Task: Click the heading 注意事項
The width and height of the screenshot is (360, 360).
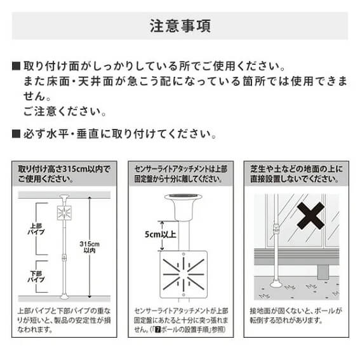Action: click(180, 26)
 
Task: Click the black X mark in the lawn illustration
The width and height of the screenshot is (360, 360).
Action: click(310, 216)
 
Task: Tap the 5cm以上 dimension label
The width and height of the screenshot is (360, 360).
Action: click(160, 234)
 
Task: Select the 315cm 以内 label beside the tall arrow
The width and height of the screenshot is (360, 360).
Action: click(90, 247)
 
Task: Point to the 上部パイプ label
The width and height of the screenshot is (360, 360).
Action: click(36, 229)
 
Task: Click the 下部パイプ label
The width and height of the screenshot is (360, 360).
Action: click(36, 277)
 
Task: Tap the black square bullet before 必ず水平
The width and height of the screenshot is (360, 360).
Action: click(16, 133)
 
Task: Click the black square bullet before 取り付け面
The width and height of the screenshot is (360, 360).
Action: click(16, 66)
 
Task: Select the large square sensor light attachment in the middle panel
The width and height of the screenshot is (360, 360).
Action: click(183, 274)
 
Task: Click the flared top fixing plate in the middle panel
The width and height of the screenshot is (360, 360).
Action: click(183, 206)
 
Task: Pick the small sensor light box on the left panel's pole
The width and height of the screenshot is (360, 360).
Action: click(64, 213)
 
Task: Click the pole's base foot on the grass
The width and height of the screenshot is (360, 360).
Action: click(277, 284)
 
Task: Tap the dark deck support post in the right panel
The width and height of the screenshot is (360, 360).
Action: click(323, 272)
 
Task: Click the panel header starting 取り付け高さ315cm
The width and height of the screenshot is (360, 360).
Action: click(64, 174)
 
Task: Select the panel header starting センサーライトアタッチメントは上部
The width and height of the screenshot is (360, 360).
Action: click(181, 174)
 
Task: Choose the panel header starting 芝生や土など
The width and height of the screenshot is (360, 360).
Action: click(297, 174)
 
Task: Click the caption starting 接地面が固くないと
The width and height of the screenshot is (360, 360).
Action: click(296, 316)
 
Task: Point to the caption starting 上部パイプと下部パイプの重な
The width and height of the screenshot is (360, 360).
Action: click(64, 320)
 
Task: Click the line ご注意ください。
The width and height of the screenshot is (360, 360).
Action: click(65, 111)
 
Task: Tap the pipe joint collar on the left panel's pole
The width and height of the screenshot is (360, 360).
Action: click(64, 257)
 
